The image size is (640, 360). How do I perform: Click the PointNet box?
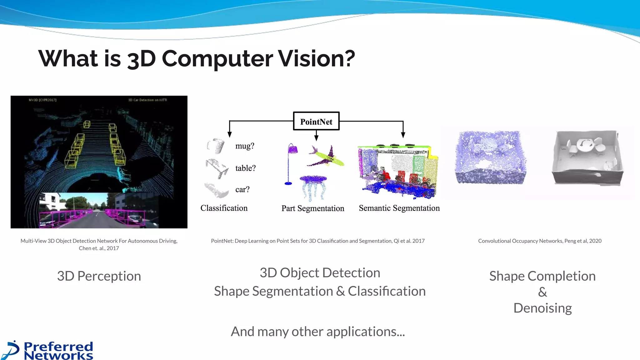tap(316, 121)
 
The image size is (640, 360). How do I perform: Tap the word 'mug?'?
tap(245, 146)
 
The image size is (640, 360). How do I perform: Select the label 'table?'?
tap(245, 168)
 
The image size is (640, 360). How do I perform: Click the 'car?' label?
tap(242, 189)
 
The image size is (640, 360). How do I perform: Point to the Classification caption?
tap(224, 208)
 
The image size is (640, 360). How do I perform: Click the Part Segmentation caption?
tap(312, 208)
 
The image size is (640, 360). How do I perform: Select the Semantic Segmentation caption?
tap(399, 208)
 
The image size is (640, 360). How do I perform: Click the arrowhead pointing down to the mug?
tap(230, 134)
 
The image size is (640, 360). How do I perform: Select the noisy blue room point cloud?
tap(490, 158)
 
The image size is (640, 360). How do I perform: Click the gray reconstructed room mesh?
tap(587, 157)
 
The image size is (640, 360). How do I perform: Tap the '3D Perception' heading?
tap(99, 276)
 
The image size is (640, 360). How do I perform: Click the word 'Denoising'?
tap(542, 308)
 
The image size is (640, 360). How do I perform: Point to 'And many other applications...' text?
tap(317, 332)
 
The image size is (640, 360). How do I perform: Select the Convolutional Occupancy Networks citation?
tap(539, 241)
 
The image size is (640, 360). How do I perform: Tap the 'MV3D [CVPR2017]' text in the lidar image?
tap(42, 100)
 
